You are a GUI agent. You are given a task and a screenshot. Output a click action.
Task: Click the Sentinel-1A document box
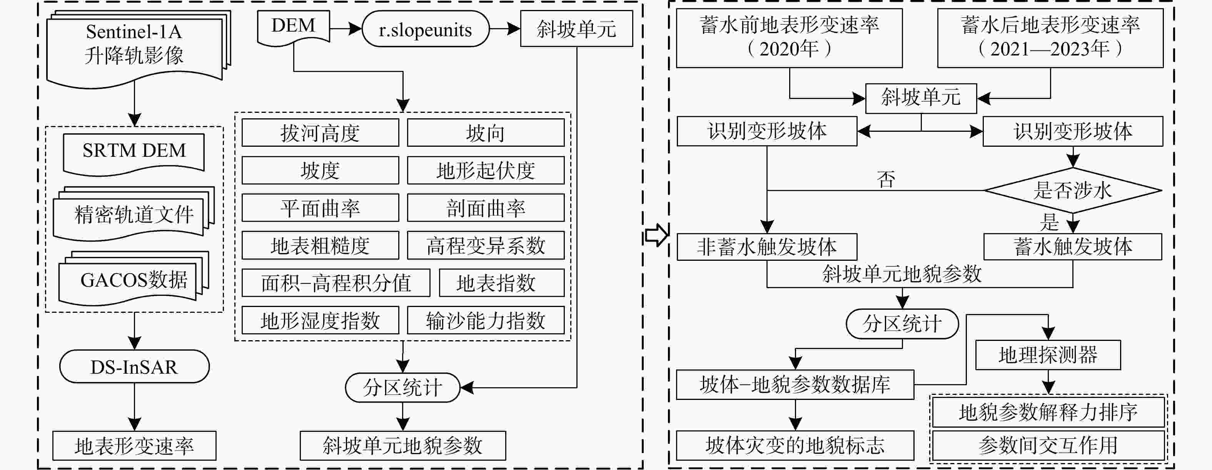[134, 45]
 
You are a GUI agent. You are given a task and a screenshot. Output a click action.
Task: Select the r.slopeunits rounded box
[425, 29]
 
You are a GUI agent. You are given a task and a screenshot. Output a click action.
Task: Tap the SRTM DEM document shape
[134, 152]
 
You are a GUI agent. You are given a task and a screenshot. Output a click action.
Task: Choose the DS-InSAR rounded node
[134, 366]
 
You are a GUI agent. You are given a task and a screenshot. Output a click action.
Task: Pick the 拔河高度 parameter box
[320, 133]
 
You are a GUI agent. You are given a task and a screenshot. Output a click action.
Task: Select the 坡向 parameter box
[485, 133]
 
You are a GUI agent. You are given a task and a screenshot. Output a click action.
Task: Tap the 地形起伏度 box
[485, 170]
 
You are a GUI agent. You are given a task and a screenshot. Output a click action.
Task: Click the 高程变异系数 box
[485, 245]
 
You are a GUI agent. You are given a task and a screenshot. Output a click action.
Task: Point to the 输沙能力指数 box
[485, 320]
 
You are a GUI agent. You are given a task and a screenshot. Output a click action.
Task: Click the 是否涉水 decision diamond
[1072, 190]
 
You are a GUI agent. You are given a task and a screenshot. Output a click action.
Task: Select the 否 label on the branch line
[886, 180]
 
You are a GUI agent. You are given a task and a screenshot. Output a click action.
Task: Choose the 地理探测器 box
[1048, 355]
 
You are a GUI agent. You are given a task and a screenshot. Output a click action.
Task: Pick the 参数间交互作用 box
[1048, 445]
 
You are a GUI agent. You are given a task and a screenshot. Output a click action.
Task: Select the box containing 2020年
[789, 38]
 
